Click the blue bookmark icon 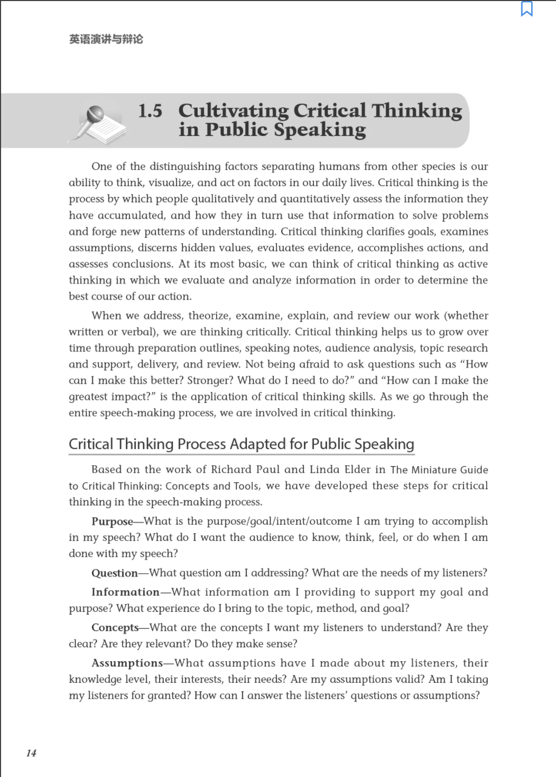526,9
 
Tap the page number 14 31,753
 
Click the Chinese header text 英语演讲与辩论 106,39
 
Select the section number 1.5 150,111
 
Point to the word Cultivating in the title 233,111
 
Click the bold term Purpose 112,522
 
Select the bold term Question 114,573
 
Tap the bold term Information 125,592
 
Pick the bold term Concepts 115,628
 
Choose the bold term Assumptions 127,663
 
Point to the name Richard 231,470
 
